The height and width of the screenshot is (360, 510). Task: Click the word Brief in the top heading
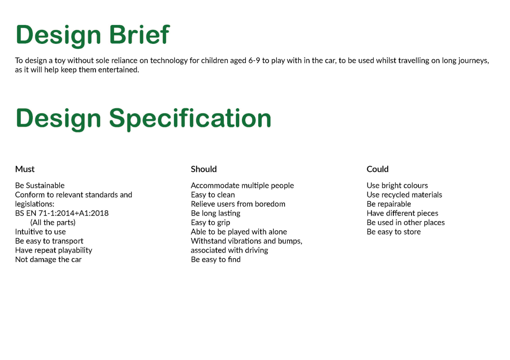click(x=139, y=35)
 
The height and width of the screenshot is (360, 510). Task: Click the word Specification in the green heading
click(x=190, y=119)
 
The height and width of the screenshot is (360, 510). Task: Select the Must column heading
click(x=25, y=169)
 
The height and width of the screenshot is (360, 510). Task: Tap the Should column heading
click(x=204, y=169)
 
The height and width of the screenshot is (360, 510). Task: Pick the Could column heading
click(x=377, y=169)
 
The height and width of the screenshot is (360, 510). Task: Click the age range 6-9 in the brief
click(x=254, y=60)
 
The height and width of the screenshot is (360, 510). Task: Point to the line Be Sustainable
click(x=40, y=186)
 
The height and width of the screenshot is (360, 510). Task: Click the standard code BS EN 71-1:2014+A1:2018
click(x=62, y=213)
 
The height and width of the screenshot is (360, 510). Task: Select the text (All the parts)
click(x=53, y=223)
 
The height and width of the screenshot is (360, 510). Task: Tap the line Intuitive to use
click(x=40, y=232)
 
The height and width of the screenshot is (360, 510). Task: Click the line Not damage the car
click(x=48, y=259)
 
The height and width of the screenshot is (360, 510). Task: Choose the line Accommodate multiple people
click(x=242, y=186)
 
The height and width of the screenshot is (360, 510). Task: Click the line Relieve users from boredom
click(x=238, y=204)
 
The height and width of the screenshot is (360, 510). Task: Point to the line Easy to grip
click(x=210, y=223)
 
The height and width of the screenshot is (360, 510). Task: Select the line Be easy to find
click(x=215, y=259)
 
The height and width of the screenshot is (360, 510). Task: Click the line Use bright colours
click(x=397, y=186)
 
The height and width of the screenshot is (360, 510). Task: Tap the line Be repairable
click(x=389, y=204)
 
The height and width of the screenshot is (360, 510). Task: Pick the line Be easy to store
click(x=394, y=232)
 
